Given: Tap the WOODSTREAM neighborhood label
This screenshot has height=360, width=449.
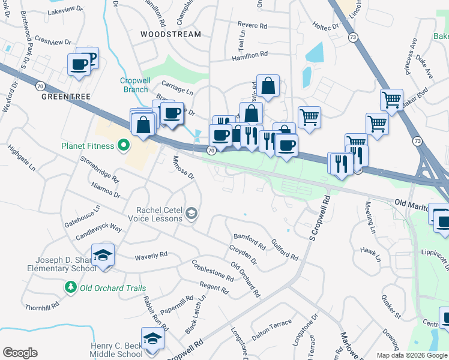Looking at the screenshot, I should point(170,34).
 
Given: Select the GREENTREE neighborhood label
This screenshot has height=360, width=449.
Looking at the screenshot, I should point(60,95).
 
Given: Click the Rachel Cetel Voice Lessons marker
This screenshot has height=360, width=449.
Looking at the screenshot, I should point(191,213).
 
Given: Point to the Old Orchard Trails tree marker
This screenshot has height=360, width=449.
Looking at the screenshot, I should point(71,288).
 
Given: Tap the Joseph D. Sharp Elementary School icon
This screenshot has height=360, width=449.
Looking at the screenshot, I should point(103,255).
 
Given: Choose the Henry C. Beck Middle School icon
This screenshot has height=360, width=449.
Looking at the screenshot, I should point(152,338).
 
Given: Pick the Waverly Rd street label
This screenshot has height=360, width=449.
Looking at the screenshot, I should point(151,256).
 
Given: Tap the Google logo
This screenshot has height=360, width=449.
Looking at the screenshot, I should point(20,353).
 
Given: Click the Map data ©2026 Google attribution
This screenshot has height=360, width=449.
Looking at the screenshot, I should point(411,355).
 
